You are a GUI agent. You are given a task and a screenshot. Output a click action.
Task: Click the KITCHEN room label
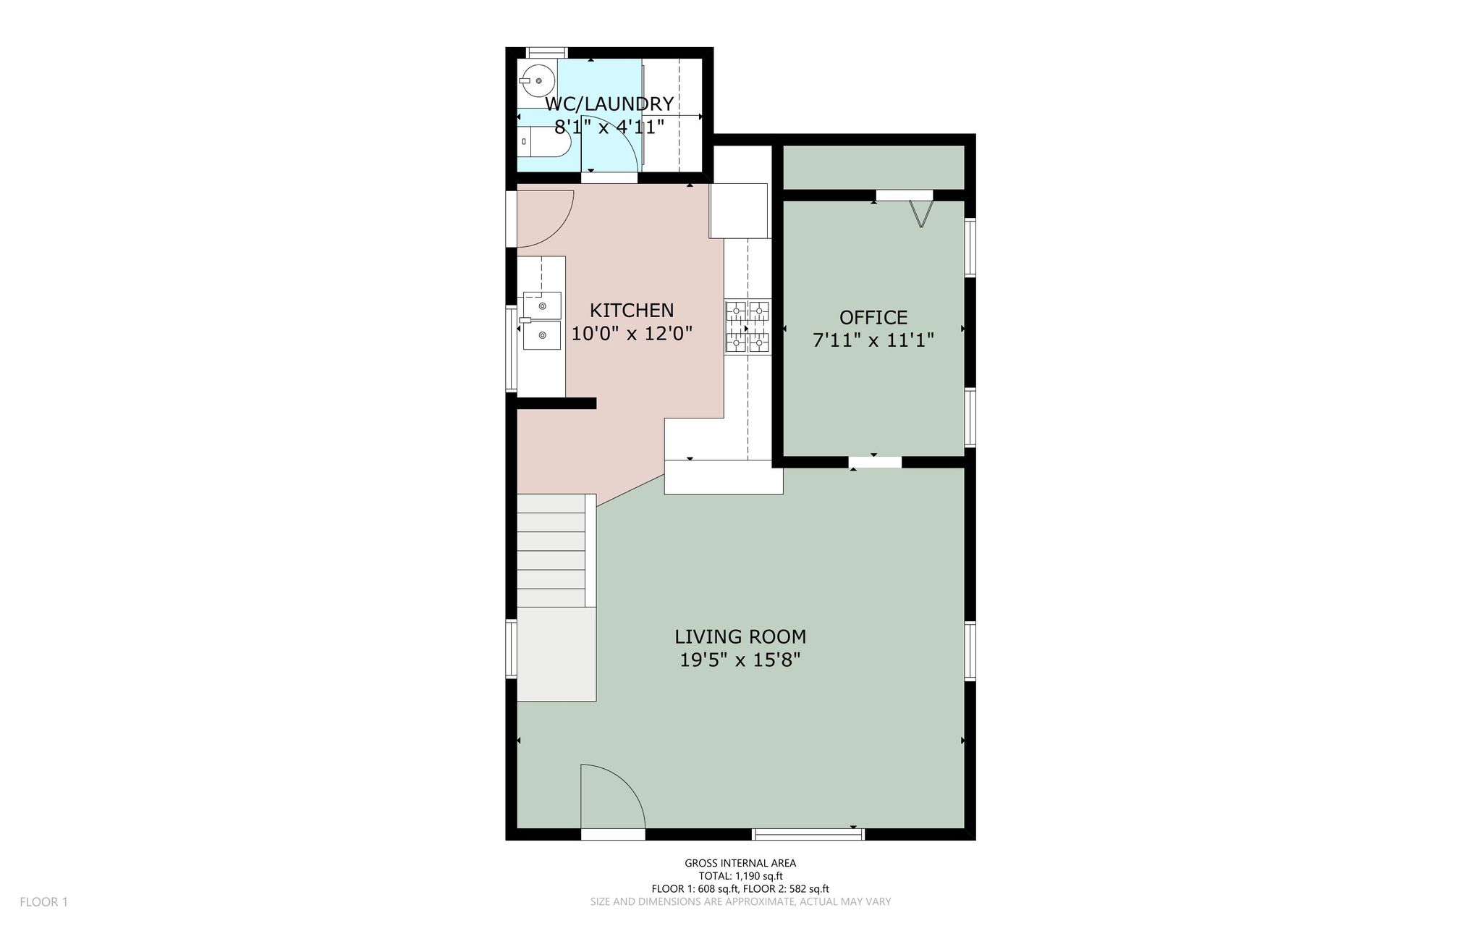coord(632,311)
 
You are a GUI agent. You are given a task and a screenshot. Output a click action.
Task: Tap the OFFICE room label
coord(873,318)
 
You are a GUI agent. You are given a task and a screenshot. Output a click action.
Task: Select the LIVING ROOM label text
coord(740,637)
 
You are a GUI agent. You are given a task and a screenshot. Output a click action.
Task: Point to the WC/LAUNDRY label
coord(609,104)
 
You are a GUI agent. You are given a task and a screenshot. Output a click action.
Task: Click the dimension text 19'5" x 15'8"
coord(740,660)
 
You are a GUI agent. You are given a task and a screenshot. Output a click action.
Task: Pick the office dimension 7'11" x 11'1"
coord(873,340)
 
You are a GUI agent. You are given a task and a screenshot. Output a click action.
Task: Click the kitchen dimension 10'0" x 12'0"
coord(632,334)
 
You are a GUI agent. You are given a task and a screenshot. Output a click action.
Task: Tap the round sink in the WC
coord(537,81)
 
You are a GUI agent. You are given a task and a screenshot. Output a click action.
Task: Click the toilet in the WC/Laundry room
coord(545,141)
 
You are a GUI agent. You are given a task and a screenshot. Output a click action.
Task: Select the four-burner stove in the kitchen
coord(748,327)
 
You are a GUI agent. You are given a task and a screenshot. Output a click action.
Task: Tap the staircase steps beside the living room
coord(551,550)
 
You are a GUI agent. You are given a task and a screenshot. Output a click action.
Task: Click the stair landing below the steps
coord(556,654)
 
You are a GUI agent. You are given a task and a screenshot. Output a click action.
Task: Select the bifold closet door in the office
coord(920,213)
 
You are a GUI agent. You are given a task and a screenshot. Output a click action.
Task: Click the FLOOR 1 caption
coord(43,902)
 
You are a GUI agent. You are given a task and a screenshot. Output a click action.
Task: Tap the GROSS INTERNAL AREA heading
coord(740,863)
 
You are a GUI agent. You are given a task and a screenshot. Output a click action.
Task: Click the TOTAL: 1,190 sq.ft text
coord(740,876)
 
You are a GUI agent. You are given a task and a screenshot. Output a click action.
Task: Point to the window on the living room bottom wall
coord(808,834)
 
